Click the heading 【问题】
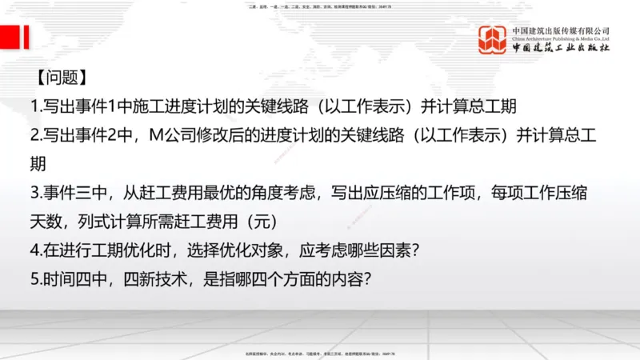pyautogui.click(x=61, y=79)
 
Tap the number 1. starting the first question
pyautogui.click(x=37, y=107)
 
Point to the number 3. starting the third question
pyautogui.click(x=37, y=193)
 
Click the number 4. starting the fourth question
pyautogui.click(x=37, y=250)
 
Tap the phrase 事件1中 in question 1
pyautogui.click(x=112, y=107)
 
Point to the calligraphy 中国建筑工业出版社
pyautogui.click(x=560, y=47)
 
